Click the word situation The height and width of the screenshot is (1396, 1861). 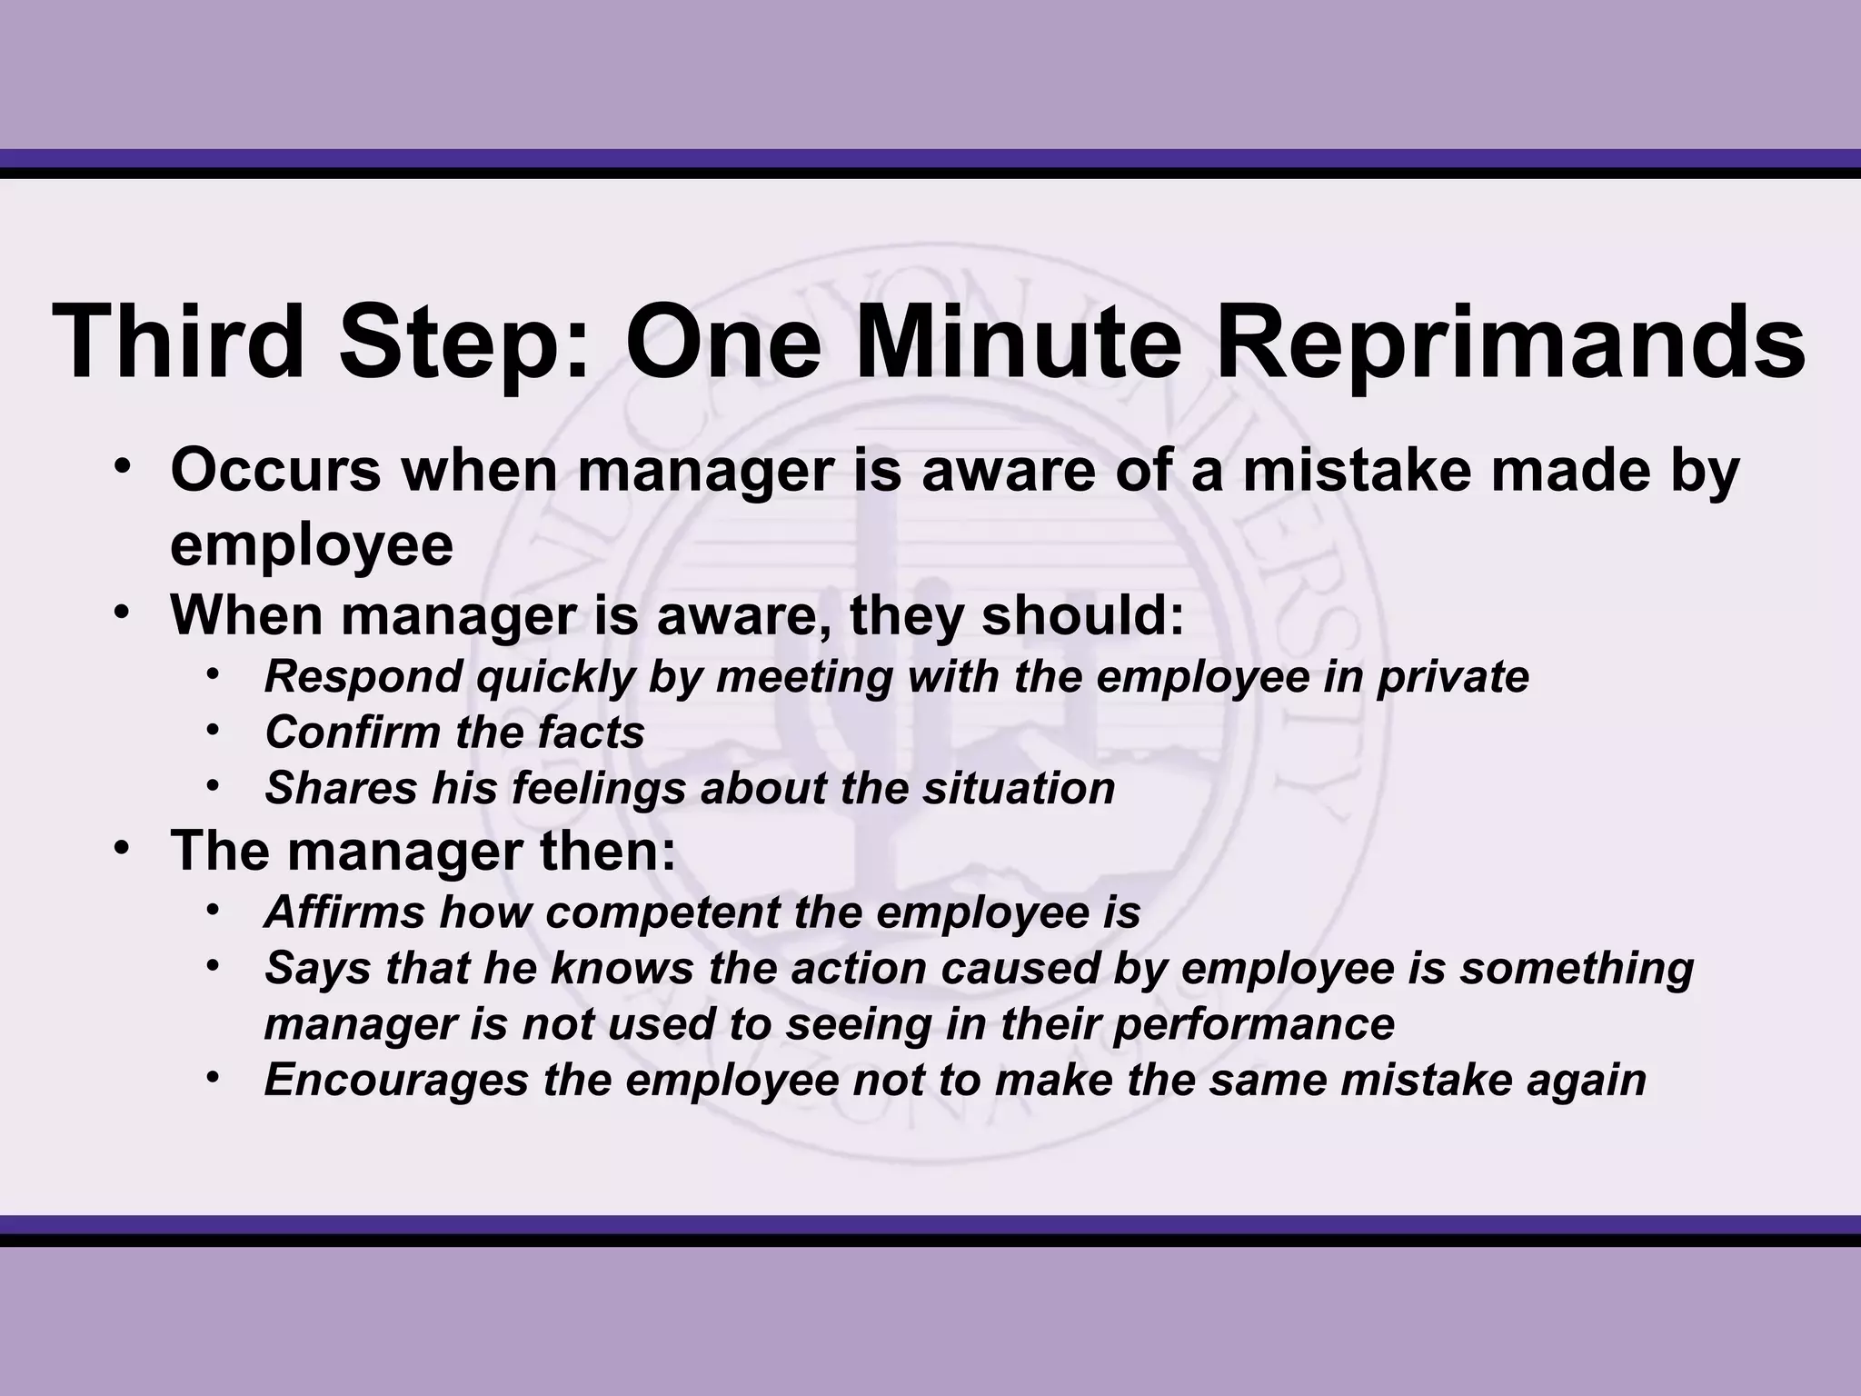click(1019, 788)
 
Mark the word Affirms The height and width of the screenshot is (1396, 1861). click(344, 912)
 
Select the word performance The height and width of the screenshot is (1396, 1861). click(1254, 1024)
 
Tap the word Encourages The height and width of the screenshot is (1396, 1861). click(396, 1081)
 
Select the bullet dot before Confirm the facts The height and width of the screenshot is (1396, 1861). click(213, 728)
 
